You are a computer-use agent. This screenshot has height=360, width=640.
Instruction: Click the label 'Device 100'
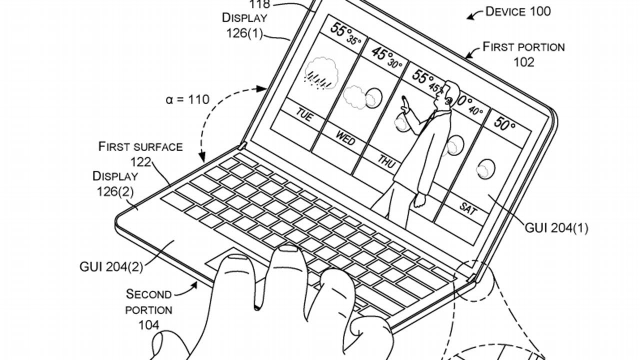click(518, 11)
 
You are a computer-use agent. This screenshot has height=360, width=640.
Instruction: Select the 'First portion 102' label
click(523, 54)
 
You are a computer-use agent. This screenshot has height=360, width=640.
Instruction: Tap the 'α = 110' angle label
click(187, 99)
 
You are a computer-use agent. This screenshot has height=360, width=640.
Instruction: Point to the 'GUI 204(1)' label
click(556, 228)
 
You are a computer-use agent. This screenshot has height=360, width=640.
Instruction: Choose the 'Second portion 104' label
click(149, 309)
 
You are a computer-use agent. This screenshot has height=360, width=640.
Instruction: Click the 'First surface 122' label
click(140, 153)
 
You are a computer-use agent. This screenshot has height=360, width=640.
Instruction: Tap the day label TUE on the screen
click(303, 115)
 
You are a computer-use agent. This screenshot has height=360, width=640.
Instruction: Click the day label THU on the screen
click(386, 161)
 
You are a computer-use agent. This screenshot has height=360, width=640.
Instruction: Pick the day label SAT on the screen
click(467, 208)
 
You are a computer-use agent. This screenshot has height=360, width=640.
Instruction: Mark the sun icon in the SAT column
click(484, 168)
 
